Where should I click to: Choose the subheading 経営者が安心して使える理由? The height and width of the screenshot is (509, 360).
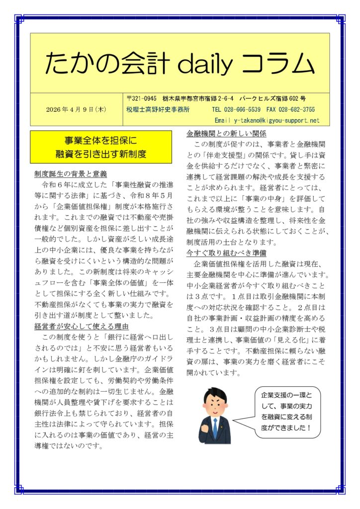(82, 326)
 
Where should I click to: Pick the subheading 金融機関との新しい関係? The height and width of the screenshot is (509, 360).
(226, 134)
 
